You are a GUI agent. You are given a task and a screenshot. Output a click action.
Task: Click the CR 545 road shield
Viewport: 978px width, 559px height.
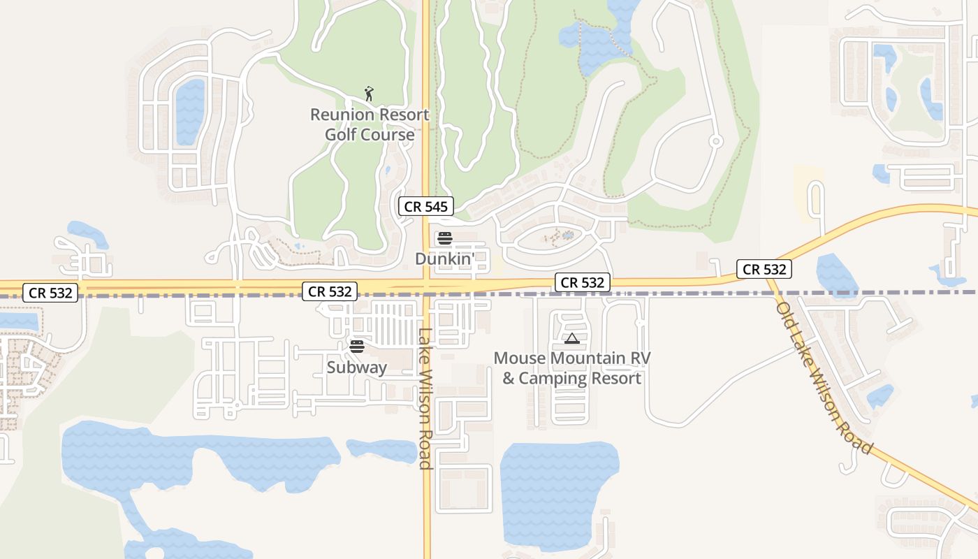tap(426, 206)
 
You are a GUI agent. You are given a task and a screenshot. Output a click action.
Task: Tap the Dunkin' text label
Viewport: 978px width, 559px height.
tap(445, 259)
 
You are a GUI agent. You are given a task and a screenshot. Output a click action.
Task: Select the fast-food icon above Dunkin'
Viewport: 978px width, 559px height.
tap(445, 238)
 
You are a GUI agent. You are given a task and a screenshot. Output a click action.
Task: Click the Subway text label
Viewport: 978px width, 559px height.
tap(357, 367)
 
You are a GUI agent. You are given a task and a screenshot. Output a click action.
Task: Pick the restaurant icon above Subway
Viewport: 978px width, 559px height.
tap(357, 347)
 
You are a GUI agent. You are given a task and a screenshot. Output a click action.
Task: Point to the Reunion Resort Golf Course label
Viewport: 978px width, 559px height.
tap(370, 124)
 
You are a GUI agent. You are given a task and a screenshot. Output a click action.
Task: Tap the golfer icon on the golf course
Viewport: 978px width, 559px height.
tap(370, 93)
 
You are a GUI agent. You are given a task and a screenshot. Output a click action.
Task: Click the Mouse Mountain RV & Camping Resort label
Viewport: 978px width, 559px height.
tap(572, 368)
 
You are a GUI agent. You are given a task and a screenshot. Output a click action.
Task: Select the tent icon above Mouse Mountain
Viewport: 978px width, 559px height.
tap(572, 339)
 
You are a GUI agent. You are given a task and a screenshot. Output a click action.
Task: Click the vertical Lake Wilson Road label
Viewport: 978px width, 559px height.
tap(425, 398)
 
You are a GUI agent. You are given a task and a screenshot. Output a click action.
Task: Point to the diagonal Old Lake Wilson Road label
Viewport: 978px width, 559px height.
tap(824, 377)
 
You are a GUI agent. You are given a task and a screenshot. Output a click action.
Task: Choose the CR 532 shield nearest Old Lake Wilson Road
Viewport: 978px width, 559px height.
tap(764, 269)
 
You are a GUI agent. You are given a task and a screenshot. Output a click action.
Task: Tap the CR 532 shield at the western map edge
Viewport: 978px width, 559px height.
tap(50, 293)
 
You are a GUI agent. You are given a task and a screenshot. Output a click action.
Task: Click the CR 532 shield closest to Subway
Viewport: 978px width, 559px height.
tap(330, 291)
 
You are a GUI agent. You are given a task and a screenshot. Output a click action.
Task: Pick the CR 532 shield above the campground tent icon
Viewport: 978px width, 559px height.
tap(583, 282)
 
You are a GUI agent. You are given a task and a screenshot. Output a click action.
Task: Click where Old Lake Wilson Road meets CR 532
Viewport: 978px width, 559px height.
tap(768, 279)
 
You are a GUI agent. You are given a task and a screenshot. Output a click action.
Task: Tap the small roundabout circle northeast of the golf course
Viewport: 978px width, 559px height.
tap(715, 141)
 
